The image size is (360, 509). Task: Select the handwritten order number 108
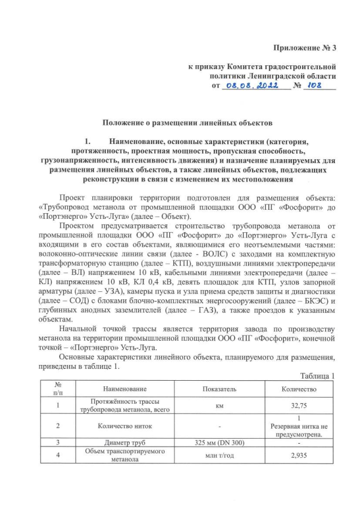[x=318, y=86]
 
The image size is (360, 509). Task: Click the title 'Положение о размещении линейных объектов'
[x=179, y=121]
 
